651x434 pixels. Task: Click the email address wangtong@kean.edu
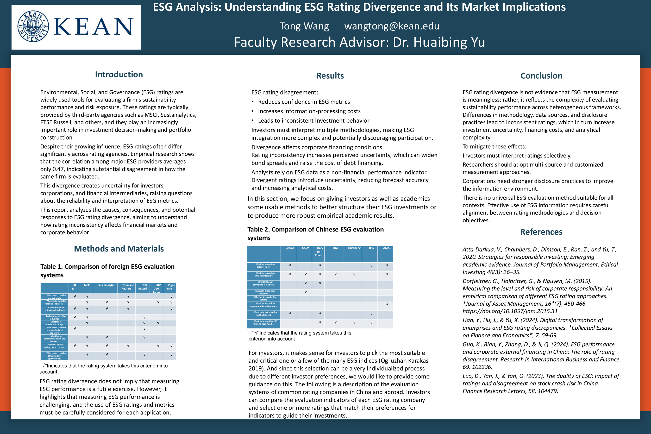[x=392, y=26]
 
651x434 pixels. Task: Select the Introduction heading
[x=119, y=74]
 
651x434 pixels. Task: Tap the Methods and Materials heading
[x=119, y=249]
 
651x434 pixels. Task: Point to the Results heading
[x=330, y=76]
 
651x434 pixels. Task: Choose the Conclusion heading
[x=541, y=76]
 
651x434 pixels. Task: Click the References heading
[x=541, y=232]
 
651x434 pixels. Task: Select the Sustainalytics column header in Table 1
[x=107, y=285]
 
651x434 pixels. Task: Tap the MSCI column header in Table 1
[x=87, y=285]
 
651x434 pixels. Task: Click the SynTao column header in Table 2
[x=290, y=248]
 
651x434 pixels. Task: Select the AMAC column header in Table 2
[x=387, y=248]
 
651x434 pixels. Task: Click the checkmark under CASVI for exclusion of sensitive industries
[x=305, y=292]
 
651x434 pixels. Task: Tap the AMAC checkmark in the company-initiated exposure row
[x=387, y=304]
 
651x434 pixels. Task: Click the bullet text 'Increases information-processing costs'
[x=309, y=111]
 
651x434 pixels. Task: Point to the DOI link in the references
[x=510, y=311]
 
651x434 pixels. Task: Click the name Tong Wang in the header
[x=304, y=26]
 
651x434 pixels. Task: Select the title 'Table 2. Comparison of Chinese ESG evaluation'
[x=315, y=229]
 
